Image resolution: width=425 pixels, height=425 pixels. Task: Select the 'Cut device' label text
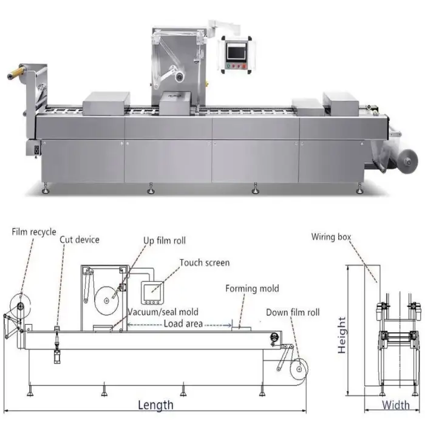click(79, 239)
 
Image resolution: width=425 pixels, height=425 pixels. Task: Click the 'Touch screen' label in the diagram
click(204, 263)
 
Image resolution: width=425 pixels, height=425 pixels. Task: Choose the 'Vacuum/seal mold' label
click(162, 312)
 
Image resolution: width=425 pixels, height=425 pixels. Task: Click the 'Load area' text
click(183, 324)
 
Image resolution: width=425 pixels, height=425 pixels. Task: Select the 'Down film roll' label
click(292, 313)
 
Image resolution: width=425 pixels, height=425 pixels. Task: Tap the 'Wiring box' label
click(331, 237)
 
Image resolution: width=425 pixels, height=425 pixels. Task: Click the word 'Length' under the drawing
click(155, 404)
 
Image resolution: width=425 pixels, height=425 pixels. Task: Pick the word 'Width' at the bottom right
click(396, 405)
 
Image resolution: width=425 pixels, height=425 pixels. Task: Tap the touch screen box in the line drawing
click(151, 293)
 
